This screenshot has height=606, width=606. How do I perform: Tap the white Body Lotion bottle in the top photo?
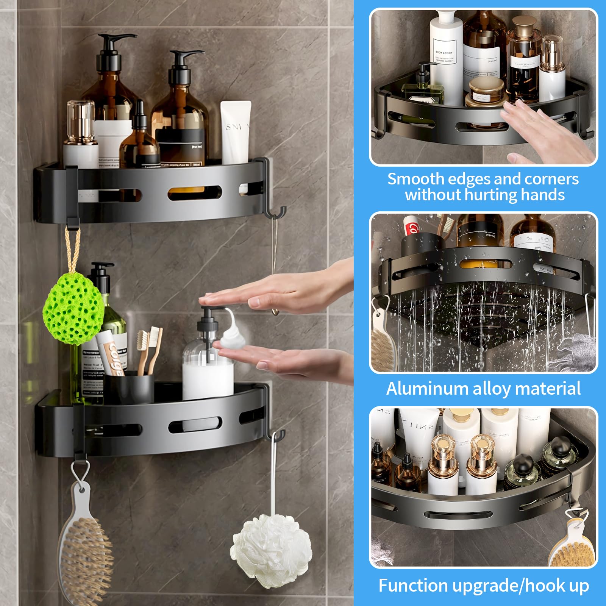(x=446, y=57)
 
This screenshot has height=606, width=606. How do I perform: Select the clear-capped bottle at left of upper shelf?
(x=80, y=133)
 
